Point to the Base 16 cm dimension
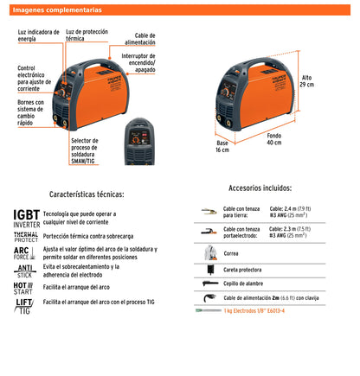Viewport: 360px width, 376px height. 223,146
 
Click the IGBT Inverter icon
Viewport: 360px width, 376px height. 26,217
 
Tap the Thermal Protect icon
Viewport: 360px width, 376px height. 26,236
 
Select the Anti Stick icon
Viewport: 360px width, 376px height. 25,271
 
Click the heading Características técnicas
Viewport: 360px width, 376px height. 87,194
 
